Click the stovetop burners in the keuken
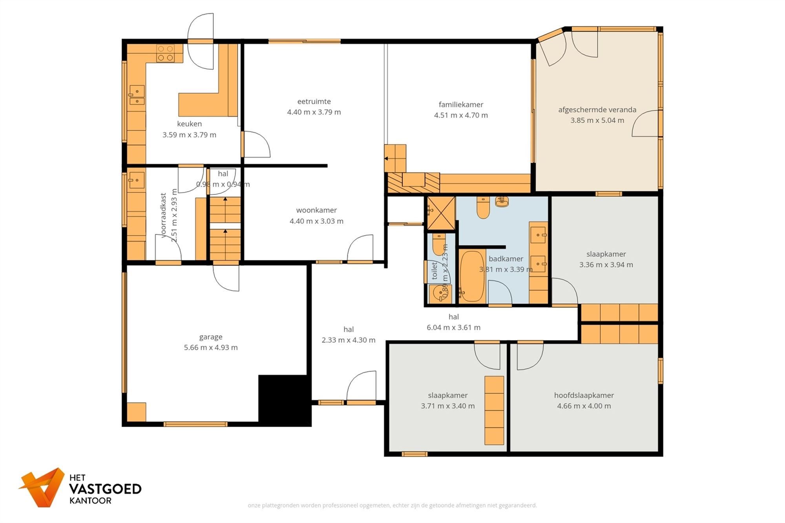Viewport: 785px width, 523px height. pos(165,53)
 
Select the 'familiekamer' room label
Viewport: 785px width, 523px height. pos(461,104)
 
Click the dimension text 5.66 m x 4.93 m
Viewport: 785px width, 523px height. pos(211,347)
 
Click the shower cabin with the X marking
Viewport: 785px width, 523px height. pos(441,213)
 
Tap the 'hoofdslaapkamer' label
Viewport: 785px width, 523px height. pos(584,395)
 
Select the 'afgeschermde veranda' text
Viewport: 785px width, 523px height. pos(597,109)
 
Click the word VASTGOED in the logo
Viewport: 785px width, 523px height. pos(105,489)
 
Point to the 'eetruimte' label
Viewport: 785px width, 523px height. pos(314,101)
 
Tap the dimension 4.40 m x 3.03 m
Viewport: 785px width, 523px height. pos(316,221)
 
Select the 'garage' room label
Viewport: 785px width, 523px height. pos(211,337)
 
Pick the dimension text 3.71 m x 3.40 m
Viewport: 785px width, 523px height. pos(447,406)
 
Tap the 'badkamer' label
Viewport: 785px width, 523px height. pos(506,259)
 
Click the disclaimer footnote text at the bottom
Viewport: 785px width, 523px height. pos(392,505)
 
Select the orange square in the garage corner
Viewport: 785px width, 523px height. pos(136,412)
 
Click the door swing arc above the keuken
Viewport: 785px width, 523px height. pos(201,41)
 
